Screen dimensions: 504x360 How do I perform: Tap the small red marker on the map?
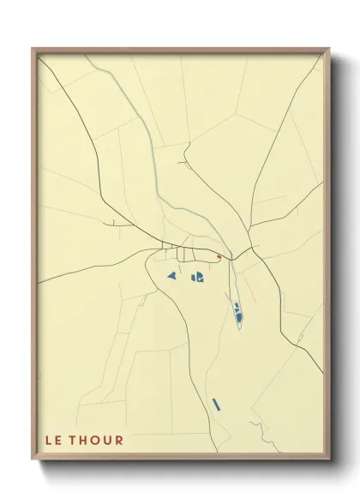pyautogui.click(x=219, y=257)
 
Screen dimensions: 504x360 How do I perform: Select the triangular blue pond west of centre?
pyautogui.click(x=171, y=276)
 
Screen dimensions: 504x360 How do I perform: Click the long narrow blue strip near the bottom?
pyautogui.click(x=217, y=403)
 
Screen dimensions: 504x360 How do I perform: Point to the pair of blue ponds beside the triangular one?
pyautogui.click(x=197, y=277)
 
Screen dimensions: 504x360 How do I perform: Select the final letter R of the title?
pyautogui.click(x=121, y=441)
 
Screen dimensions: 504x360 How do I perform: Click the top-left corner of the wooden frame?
pyautogui.click(x=33, y=49)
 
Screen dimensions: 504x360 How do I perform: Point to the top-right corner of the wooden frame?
pyautogui.click(x=331, y=49)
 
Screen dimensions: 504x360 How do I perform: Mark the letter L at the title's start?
pyautogui.click(x=50, y=441)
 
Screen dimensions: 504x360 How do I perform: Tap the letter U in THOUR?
pyautogui.click(x=111, y=441)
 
